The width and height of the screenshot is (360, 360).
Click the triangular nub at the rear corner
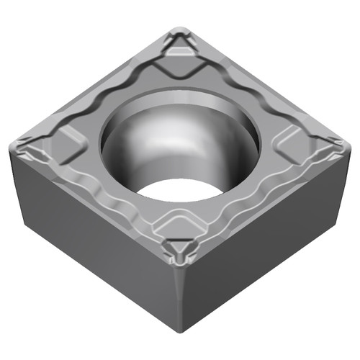point(179,45)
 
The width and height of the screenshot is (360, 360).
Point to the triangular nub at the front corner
point(178,249)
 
